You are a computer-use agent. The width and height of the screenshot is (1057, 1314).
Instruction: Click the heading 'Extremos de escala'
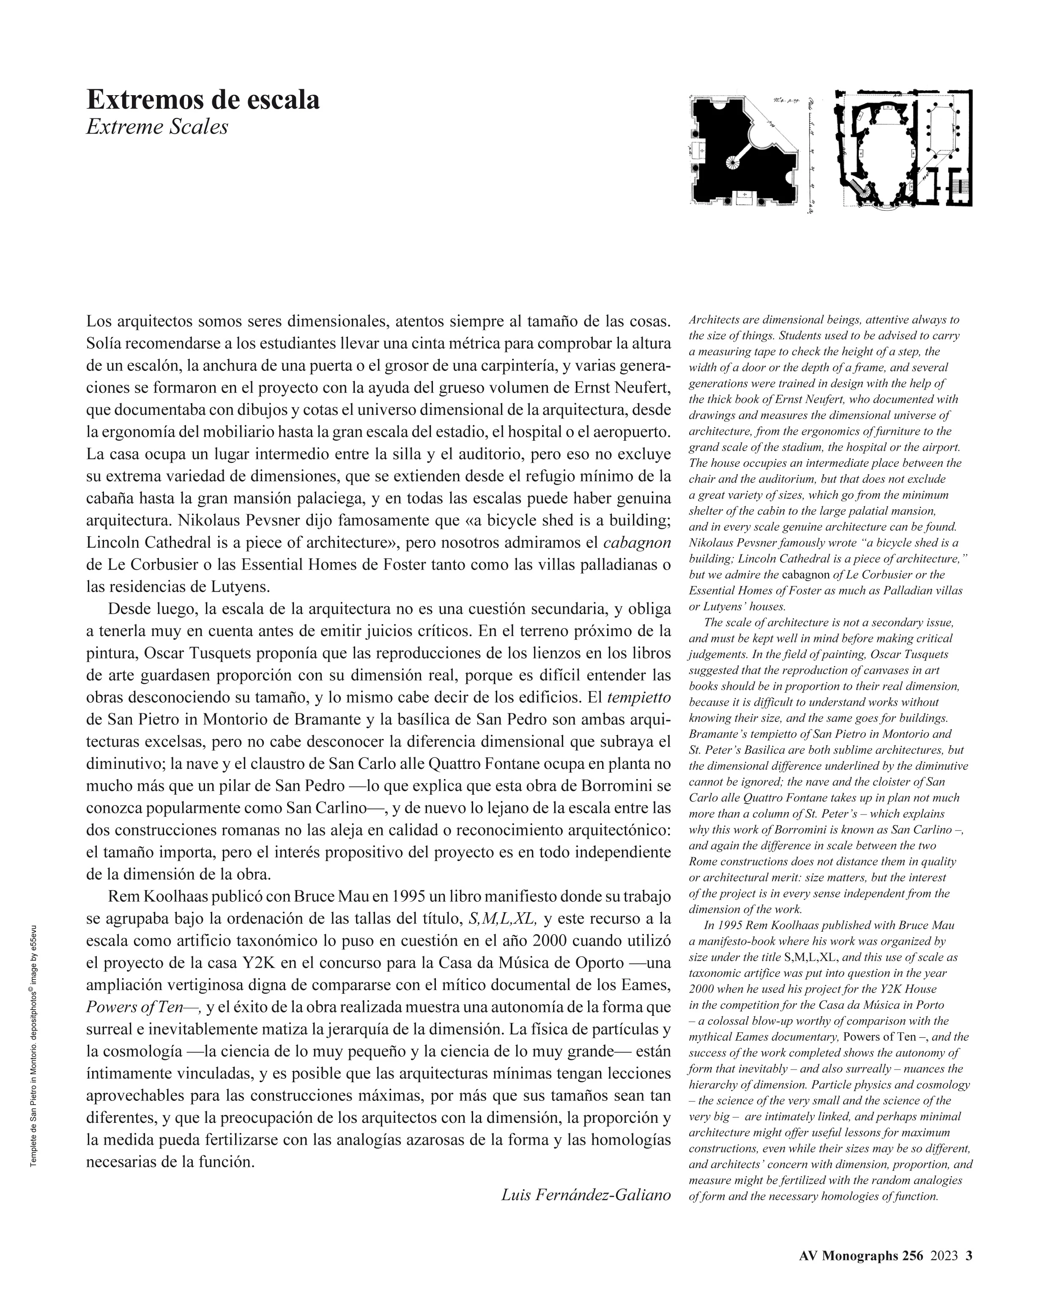click(x=203, y=99)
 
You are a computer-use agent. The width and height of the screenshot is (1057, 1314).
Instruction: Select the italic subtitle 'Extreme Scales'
click(x=157, y=127)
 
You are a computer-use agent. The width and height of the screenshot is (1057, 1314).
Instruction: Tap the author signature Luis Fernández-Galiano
click(x=586, y=1195)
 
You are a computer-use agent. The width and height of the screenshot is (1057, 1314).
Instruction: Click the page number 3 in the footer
click(x=969, y=1255)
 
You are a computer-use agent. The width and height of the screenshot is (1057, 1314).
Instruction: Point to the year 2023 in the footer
click(x=944, y=1255)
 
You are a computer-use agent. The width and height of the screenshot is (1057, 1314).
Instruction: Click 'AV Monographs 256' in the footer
click(x=861, y=1255)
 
